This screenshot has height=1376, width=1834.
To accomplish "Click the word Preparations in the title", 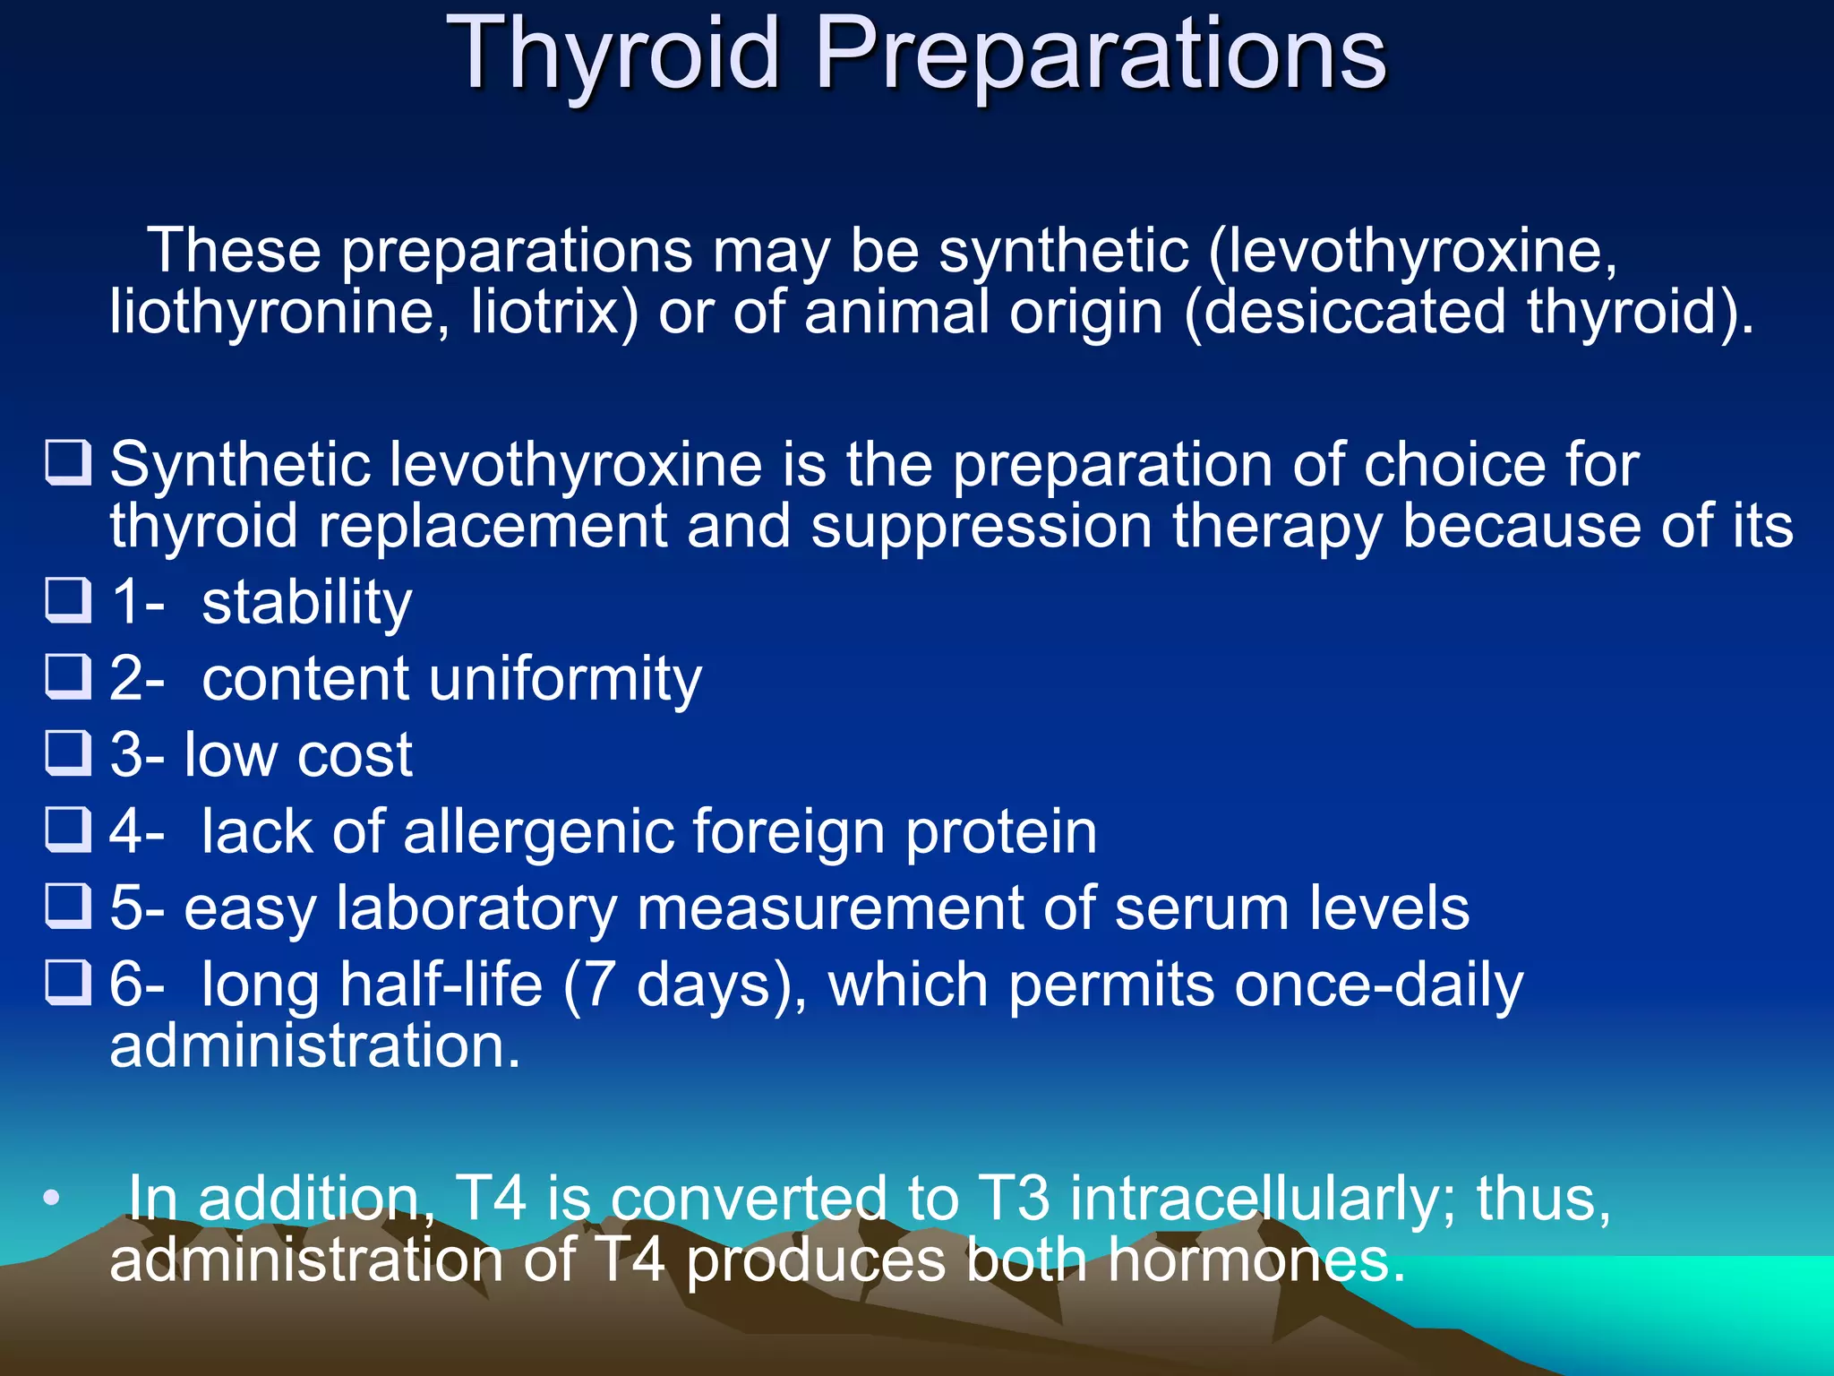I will point(1101,56).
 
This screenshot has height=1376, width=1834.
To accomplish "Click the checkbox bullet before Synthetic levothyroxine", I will point(68,462).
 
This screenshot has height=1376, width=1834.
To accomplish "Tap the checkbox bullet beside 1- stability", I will point(68,600).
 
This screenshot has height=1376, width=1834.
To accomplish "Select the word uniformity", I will point(566,679).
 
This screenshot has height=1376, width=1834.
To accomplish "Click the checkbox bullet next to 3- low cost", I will point(68,752).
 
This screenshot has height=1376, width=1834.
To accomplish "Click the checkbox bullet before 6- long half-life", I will point(68,983).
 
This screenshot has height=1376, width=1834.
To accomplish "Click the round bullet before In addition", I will point(52,1198).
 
